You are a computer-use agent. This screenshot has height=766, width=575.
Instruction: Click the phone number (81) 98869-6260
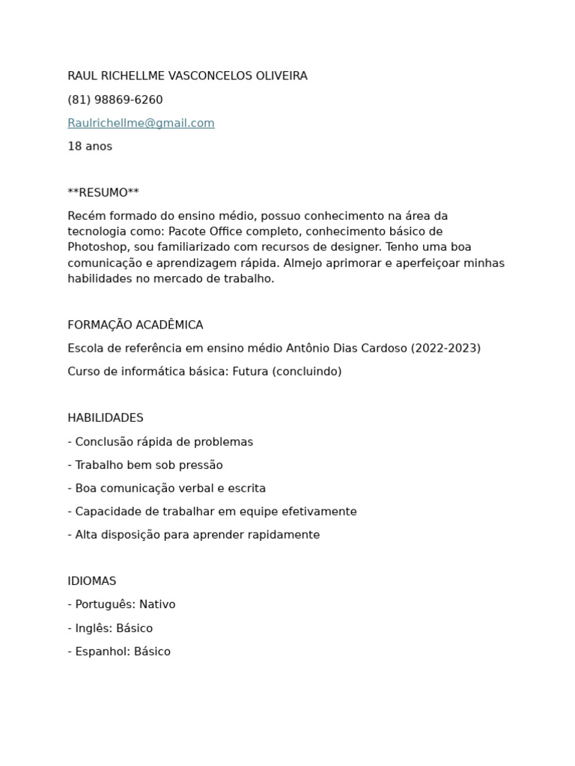115,99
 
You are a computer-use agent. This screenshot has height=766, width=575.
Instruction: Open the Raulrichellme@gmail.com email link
141,123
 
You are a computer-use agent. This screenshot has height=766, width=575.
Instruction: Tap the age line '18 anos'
90,146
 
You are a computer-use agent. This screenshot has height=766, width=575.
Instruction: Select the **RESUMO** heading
103,193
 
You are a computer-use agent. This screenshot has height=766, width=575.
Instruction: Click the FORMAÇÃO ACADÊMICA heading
136,325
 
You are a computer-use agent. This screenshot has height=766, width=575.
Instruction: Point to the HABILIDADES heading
106,417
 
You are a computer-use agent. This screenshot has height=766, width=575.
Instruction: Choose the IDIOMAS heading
92,580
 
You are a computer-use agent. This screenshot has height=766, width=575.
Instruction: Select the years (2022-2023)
445,348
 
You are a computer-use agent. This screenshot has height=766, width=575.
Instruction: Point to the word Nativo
157,604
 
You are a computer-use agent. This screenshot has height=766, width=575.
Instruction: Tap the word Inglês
94,628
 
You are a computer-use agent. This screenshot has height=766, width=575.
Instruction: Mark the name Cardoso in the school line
381,348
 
